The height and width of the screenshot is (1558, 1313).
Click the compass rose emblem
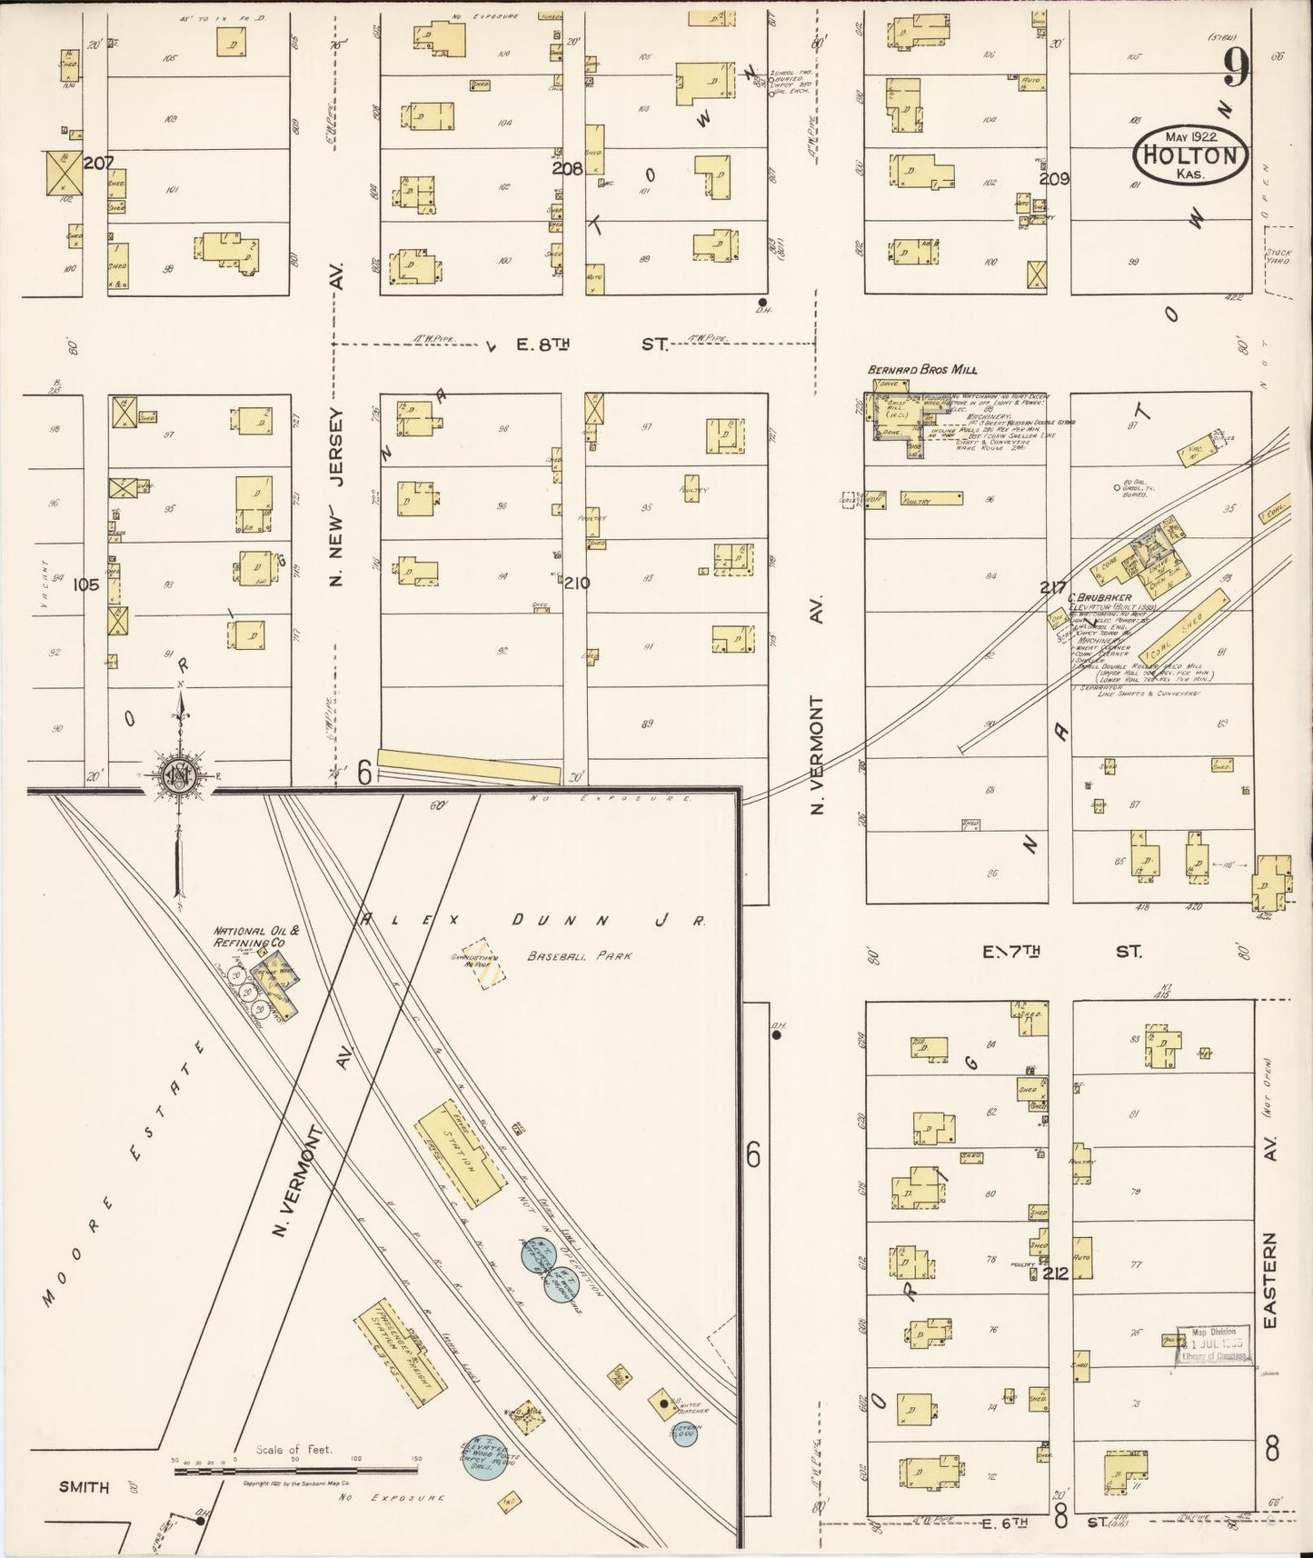tap(174, 775)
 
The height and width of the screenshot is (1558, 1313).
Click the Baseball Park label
tap(578, 956)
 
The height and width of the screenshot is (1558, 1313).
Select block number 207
tap(98, 164)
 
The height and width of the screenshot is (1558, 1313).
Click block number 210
tap(576, 583)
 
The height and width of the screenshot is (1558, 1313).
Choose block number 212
tap(1055, 1273)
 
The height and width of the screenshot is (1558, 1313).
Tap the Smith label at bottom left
tap(84, 1487)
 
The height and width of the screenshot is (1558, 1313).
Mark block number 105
tap(87, 585)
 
